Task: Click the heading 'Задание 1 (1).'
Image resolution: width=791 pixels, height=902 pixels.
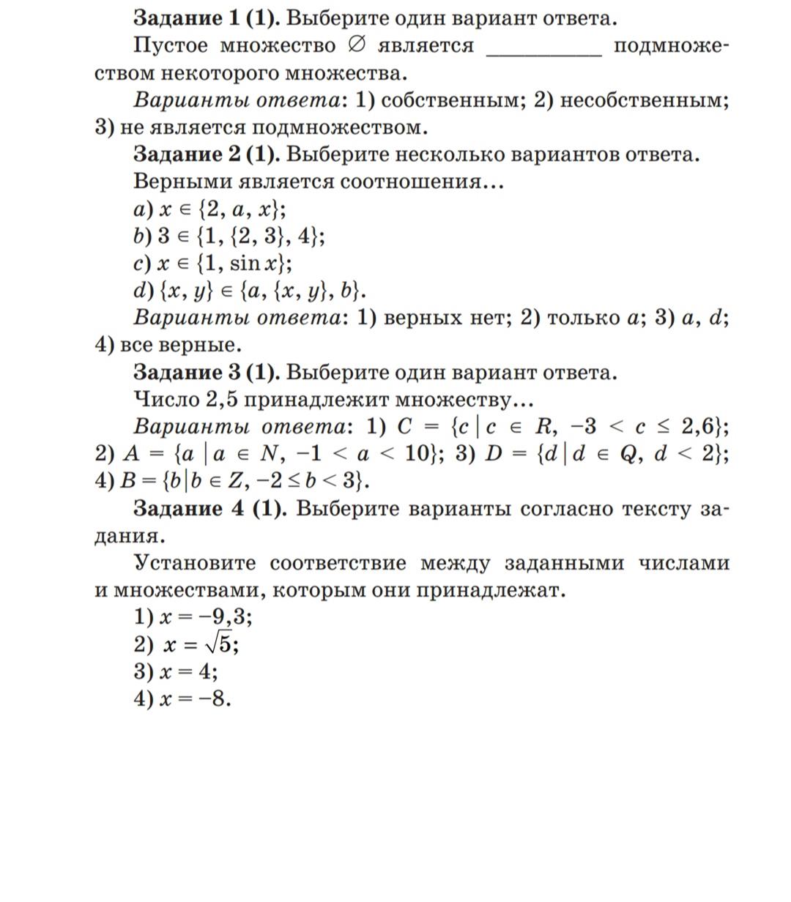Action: (x=206, y=18)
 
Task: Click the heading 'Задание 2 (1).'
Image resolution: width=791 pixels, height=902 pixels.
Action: (x=206, y=154)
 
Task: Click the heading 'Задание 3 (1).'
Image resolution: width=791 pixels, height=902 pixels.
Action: (x=206, y=373)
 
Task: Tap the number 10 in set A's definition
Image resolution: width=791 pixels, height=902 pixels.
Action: (x=417, y=454)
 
